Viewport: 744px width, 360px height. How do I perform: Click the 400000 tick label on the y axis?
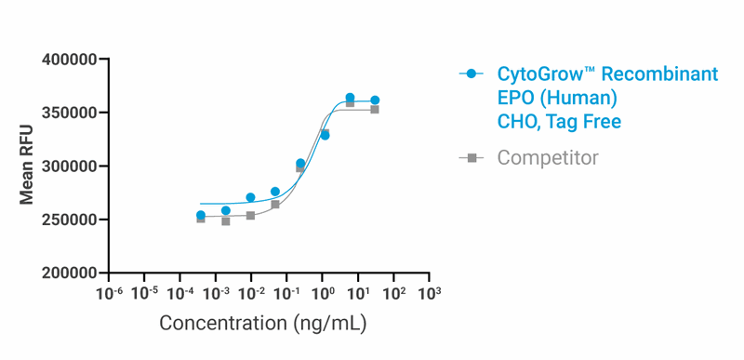71,60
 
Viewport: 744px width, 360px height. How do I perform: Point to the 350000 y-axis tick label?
71,113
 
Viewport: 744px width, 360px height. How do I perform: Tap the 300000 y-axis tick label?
71,167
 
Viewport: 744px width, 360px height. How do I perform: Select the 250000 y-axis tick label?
71,220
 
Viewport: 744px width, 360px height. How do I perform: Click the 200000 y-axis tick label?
71,273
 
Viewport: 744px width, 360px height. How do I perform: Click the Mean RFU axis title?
28,165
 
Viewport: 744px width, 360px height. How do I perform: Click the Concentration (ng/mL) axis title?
262,324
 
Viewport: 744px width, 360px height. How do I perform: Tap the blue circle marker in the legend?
472,73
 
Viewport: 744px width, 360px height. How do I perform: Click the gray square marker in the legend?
472,158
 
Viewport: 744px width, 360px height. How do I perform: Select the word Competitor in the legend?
548,158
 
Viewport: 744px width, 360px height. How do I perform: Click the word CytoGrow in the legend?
538,74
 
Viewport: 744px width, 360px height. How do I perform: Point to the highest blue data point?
350,98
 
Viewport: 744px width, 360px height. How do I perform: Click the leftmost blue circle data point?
201,215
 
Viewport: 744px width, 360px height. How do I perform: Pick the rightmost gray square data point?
375,109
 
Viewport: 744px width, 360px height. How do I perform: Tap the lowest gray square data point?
226,221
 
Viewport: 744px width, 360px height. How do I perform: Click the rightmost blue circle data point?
375,100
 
